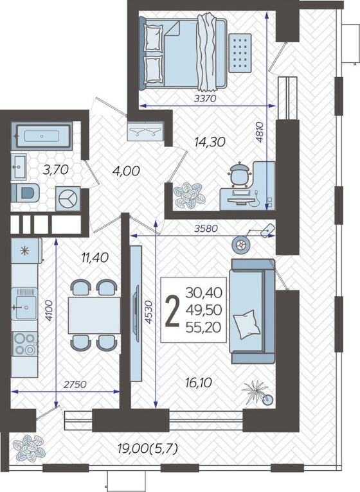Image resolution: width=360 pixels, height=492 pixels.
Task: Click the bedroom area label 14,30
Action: [x=210, y=143]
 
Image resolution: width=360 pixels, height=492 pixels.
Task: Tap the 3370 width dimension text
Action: [x=206, y=98]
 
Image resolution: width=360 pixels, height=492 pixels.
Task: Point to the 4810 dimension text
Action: [x=260, y=132]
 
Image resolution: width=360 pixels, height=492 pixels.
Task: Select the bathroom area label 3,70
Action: [x=56, y=170]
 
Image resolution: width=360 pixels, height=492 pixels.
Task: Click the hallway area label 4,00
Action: [x=125, y=171]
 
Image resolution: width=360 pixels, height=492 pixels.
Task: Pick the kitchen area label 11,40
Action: [x=94, y=258]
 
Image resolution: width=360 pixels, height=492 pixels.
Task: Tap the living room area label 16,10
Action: [x=198, y=383]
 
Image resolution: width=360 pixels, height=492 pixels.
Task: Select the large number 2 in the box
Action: [x=172, y=312]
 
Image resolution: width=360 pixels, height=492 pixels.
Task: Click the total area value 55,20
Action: [x=204, y=328]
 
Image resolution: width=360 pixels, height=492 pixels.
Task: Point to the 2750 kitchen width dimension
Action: [x=75, y=384]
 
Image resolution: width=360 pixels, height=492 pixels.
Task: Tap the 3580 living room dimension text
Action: [x=206, y=229]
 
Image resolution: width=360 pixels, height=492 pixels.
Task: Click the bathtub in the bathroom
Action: [x=42, y=136]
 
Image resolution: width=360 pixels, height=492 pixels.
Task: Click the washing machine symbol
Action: [x=67, y=198]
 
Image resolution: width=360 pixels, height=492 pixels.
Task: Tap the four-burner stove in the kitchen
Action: [x=24, y=344]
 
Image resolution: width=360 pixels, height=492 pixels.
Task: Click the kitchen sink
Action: [x=24, y=304]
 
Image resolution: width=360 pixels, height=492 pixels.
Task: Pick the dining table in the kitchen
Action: [x=94, y=315]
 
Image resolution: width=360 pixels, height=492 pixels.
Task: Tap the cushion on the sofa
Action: [x=247, y=324]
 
